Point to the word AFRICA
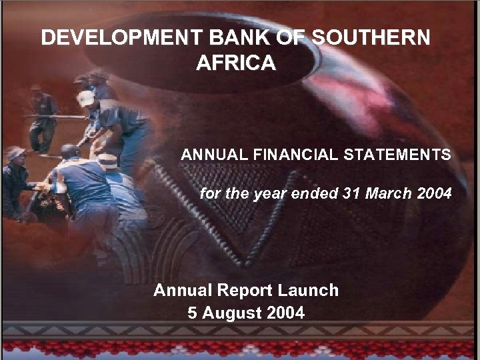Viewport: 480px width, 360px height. [236, 63]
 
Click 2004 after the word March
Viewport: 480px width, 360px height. [434, 194]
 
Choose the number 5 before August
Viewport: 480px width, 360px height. [193, 313]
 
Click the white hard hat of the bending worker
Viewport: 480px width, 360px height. [85, 98]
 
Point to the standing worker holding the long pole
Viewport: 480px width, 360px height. [43, 117]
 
